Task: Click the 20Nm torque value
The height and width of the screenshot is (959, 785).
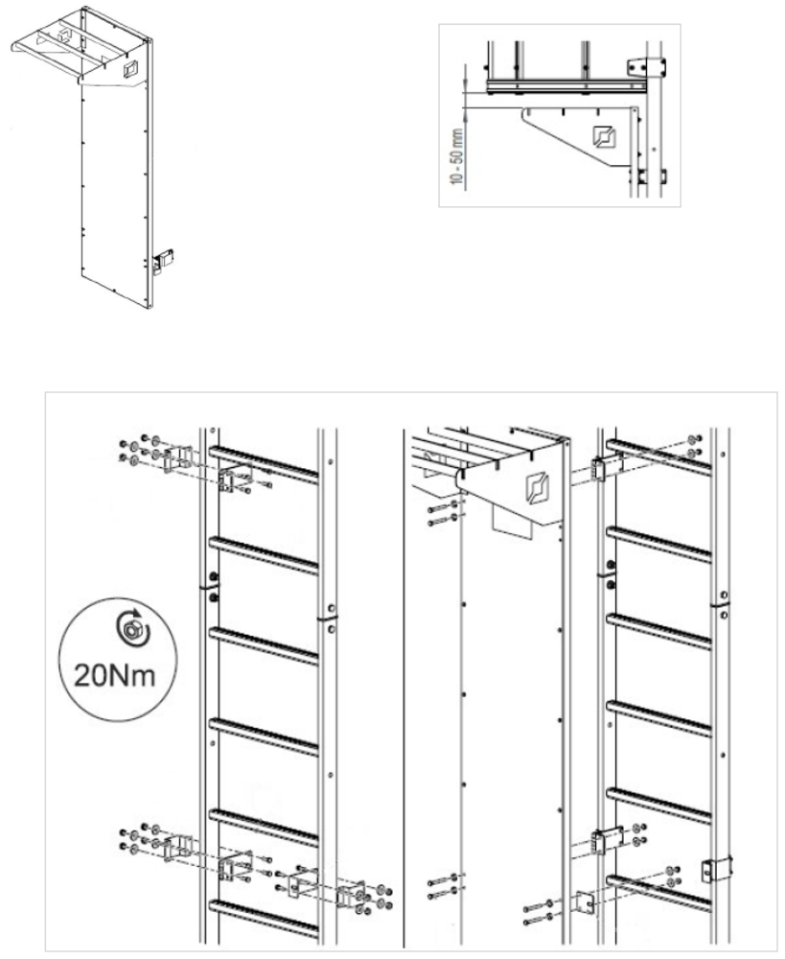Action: [x=115, y=675]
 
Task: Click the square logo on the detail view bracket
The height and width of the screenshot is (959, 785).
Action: [x=604, y=136]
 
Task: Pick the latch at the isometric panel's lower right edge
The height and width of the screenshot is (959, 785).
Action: [x=163, y=261]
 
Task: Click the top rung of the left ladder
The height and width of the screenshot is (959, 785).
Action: [x=264, y=462]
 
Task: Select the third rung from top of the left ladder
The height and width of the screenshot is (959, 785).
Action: [x=264, y=644]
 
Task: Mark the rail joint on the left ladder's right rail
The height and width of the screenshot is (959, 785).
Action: [x=328, y=618]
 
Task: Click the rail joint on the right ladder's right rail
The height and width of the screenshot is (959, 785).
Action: [x=720, y=603]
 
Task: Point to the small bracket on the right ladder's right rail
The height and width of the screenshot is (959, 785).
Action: [x=716, y=869]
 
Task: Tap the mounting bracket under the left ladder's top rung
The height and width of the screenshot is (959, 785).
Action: [x=236, y=479]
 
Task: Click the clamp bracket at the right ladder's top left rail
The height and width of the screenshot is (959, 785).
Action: [x=598, y=469]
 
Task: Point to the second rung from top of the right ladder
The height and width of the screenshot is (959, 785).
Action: [x=659, y=544]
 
